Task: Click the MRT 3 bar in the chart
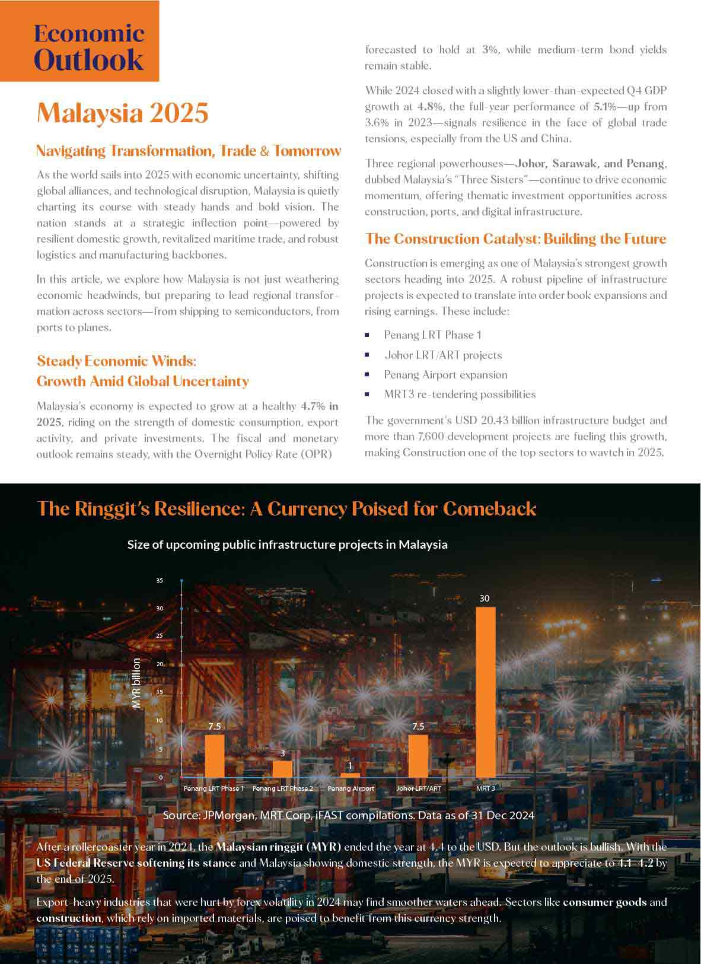click(x=485, y=692)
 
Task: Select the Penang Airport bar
click(x=350, y=775)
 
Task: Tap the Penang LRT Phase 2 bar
click(x=282, y=769)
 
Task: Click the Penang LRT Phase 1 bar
click(x=215, y=756)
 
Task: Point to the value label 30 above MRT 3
click(x=485, y=599)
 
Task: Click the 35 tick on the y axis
click(x=160, y=580)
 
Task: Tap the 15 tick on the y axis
click(x=160, y=692)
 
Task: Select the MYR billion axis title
click(x=136, y=683)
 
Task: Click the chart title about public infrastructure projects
click(x=287, y=544)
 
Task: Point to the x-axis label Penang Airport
click(x=351, y=788)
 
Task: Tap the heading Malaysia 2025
click(x=123, y=113)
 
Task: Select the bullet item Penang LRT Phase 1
click(x=432, y=335)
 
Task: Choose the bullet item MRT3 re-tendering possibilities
click(x=460, y=394)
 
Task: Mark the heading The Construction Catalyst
click(x=515, y=238)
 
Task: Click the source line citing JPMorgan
click(x=348, y=815)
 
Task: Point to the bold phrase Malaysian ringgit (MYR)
click(x=278, y=847)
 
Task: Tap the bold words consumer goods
click(x=605, y=902)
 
